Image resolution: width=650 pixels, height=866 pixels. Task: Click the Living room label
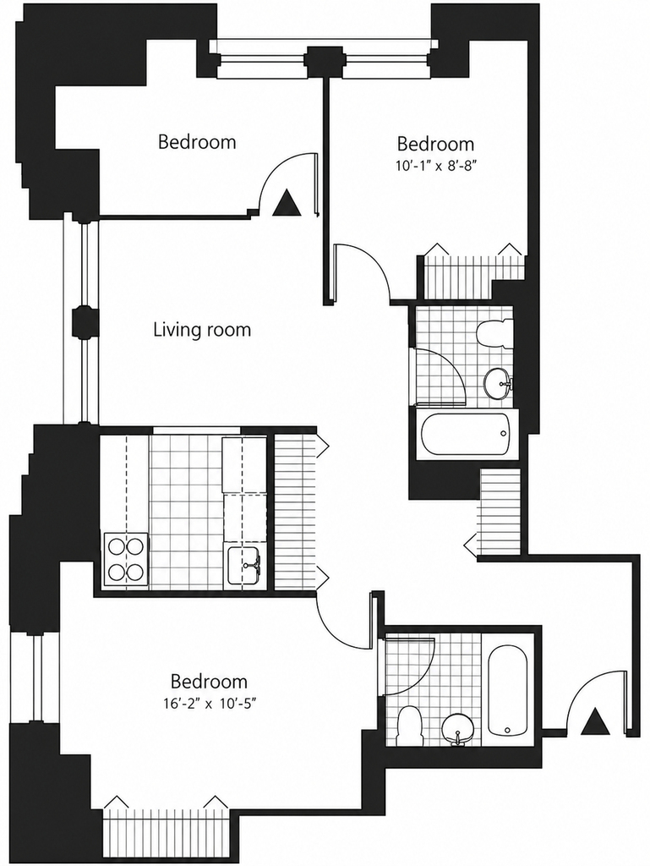(x=202, y=330)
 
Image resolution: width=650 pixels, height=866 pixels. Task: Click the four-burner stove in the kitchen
(x=126, y=559)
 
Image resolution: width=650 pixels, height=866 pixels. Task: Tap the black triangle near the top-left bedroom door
(x=287, y=203)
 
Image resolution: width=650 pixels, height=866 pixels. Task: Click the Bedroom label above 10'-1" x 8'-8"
(x=435, y=144)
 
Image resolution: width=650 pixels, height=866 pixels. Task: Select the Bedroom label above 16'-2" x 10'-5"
(x=209, y=681)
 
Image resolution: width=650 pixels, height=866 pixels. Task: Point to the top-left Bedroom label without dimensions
(x=197, y=142)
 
